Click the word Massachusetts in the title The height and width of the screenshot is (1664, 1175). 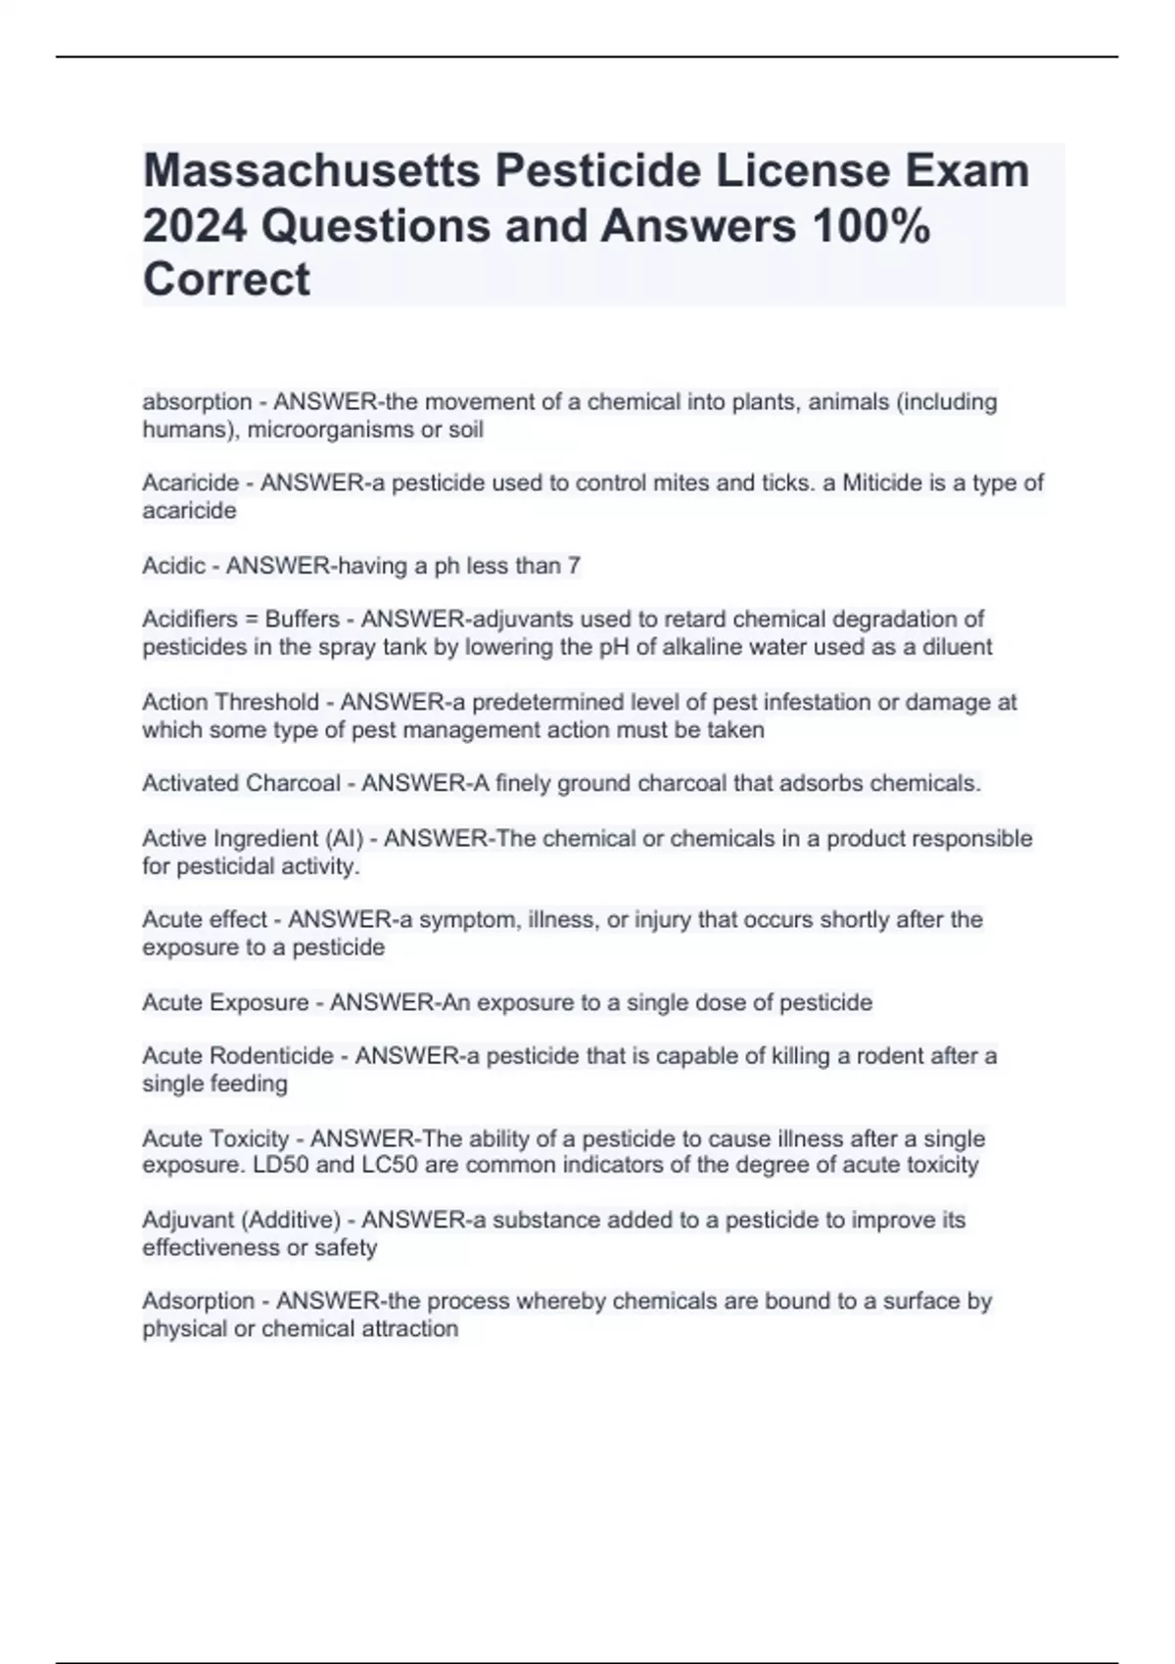(311, 171)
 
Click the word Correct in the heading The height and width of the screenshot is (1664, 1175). (226, 279)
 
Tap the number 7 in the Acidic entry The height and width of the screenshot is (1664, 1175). (574, 566)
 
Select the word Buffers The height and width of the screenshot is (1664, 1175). (303, 620)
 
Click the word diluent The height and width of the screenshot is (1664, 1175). (957, 647)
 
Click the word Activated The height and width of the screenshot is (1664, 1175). (190, 783)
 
